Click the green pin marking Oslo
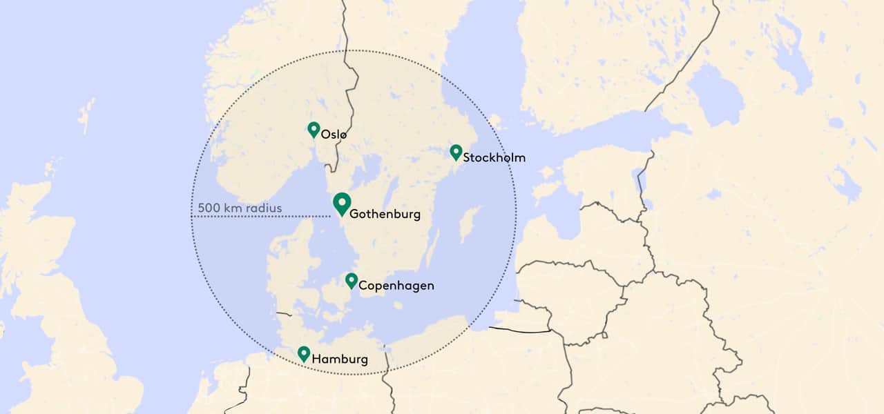314,129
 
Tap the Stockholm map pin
456,152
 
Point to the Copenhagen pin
352,280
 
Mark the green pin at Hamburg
304,353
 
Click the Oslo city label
334,135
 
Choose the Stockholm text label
494,158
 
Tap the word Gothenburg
385,214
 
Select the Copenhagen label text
396,285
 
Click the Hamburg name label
340,359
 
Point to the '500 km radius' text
240,208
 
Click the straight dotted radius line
262,217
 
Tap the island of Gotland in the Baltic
470,225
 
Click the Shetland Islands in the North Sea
87,115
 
